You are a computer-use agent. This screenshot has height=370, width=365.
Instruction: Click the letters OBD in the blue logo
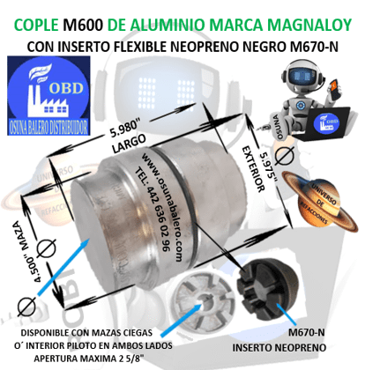tap(73, 92)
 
